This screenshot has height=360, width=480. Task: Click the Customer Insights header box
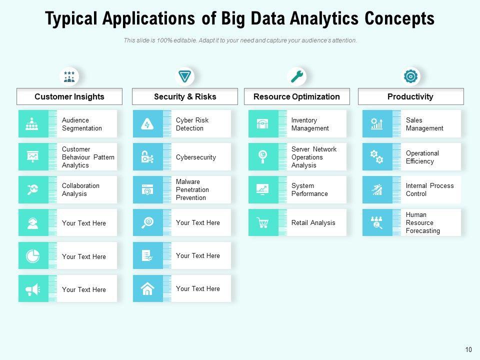(69, 96)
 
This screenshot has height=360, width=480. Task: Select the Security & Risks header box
(185, 96)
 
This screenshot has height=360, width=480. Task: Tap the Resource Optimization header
(296, 96)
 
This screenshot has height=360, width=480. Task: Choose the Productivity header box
(410, 96)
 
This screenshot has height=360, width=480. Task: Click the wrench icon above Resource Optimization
(297, 76)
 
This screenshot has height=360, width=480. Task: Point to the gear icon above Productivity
(410, 76)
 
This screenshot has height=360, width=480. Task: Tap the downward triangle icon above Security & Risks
(185, 76)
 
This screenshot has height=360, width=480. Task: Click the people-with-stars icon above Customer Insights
(69, 76)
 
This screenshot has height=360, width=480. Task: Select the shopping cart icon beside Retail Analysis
(263, 222)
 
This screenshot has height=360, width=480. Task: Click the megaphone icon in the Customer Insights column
(33, 289)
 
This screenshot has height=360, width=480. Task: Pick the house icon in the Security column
(147, 288)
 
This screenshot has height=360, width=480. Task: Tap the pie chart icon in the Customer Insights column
(33, 256)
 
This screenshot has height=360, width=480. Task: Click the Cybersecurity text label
(196, 157)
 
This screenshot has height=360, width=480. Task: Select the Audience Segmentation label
(82, 124)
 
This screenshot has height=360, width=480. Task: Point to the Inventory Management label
(310, 124)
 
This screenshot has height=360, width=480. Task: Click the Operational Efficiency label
(422, 157)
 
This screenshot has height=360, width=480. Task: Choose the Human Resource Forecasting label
(423, 222)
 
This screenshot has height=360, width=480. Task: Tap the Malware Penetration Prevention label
(192, 189)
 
